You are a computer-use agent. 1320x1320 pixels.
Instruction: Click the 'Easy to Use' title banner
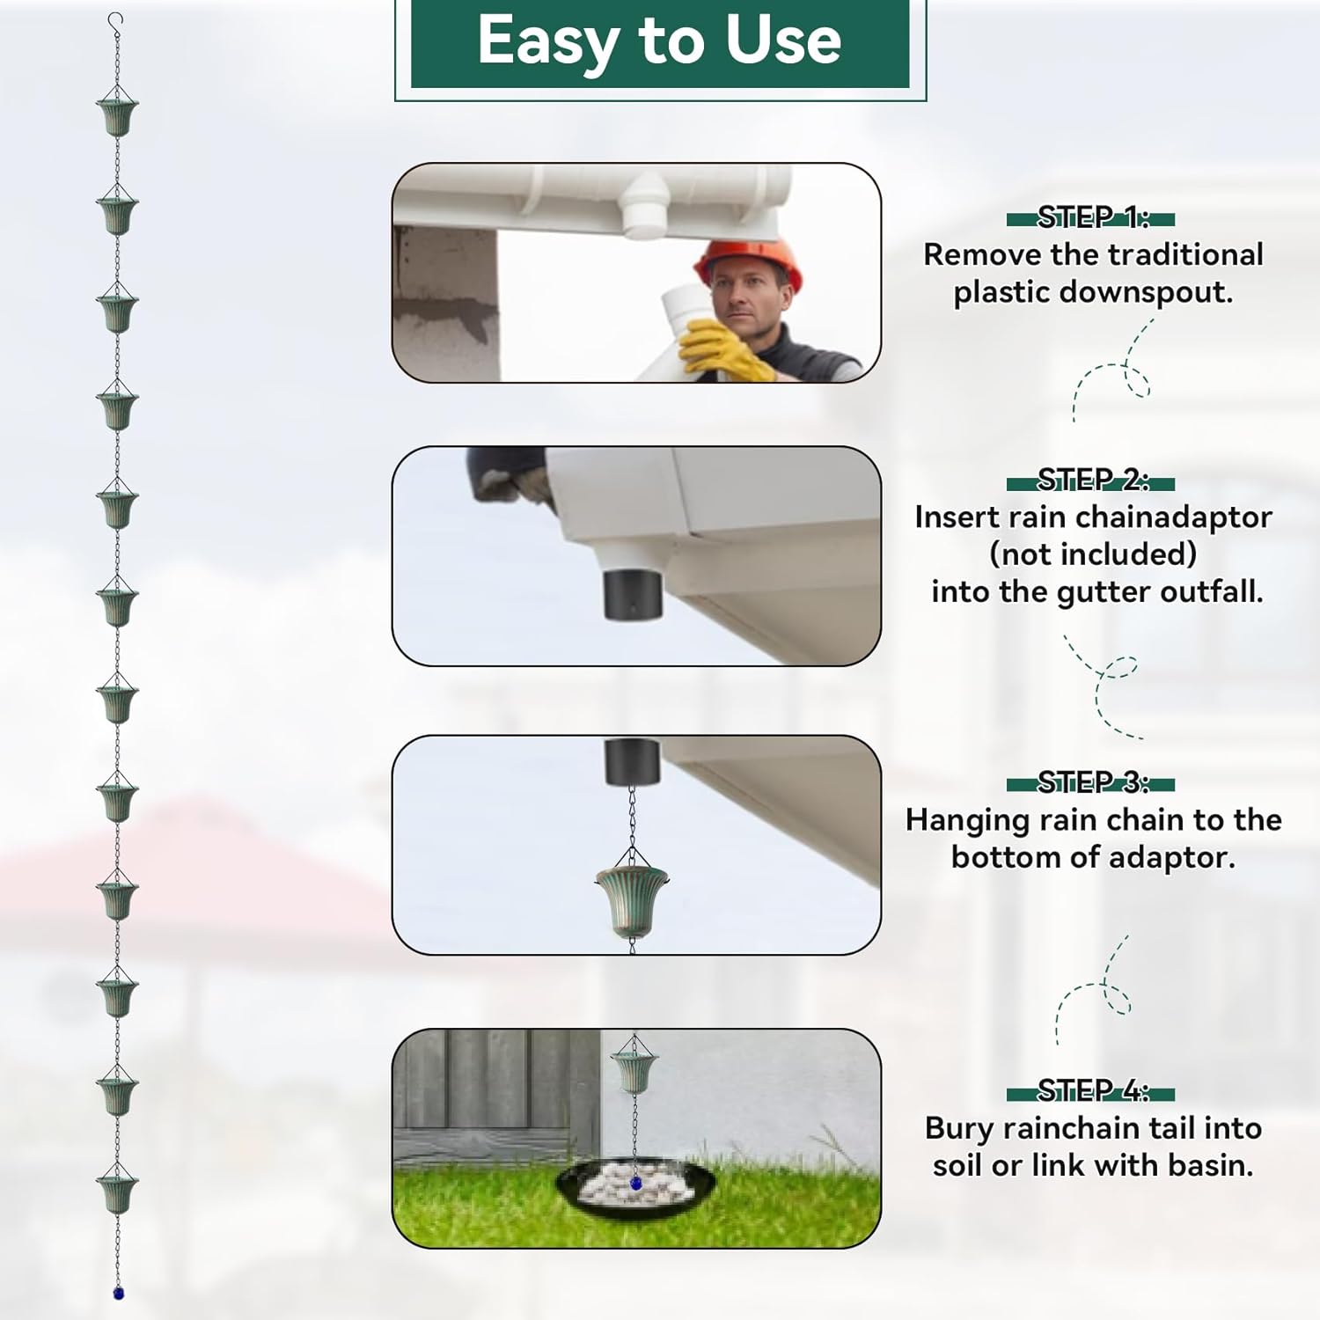(660, 42)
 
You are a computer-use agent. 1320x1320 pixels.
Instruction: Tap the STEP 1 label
(1091, 217)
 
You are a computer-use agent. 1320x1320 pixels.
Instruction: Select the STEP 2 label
(1091, 480)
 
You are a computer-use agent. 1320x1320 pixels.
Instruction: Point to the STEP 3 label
(1091, 782)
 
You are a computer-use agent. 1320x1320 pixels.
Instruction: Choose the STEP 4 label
(1091, 1091)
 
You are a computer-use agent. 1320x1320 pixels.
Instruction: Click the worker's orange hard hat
(748, 260)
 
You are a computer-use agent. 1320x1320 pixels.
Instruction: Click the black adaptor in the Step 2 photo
(633, 592)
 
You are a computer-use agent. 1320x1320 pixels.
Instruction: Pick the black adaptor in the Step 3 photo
(632, 762)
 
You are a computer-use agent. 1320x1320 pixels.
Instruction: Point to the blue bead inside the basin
(635, 1184)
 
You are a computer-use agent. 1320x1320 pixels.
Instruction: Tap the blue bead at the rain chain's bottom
(118, 1293)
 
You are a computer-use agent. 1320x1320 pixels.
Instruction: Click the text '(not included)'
(1093, 554)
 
